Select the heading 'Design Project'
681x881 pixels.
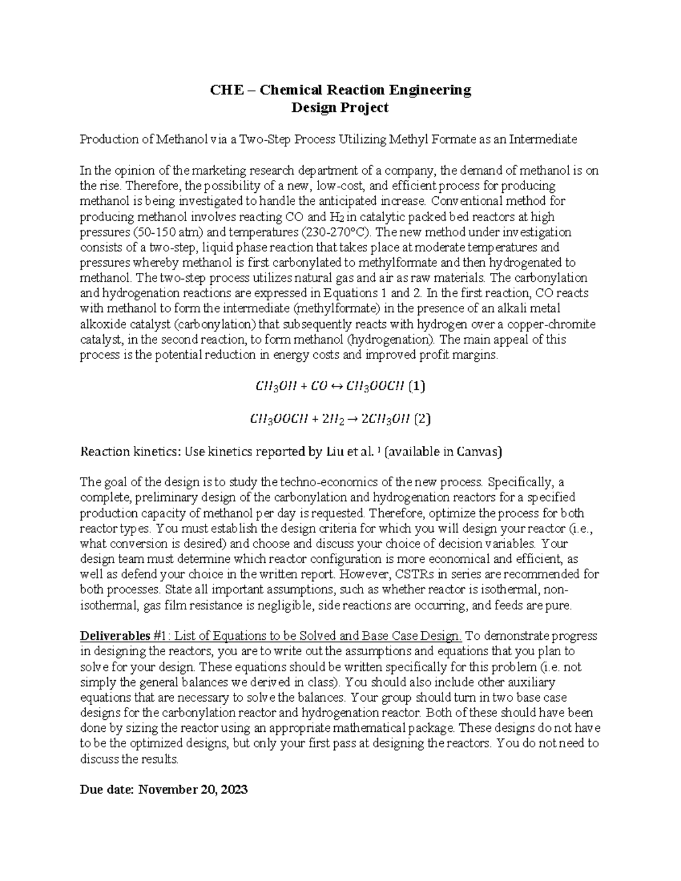[x=339, y=107]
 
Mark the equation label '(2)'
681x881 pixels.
[x=422, y=420]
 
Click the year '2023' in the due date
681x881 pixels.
[x=234, y=789]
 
